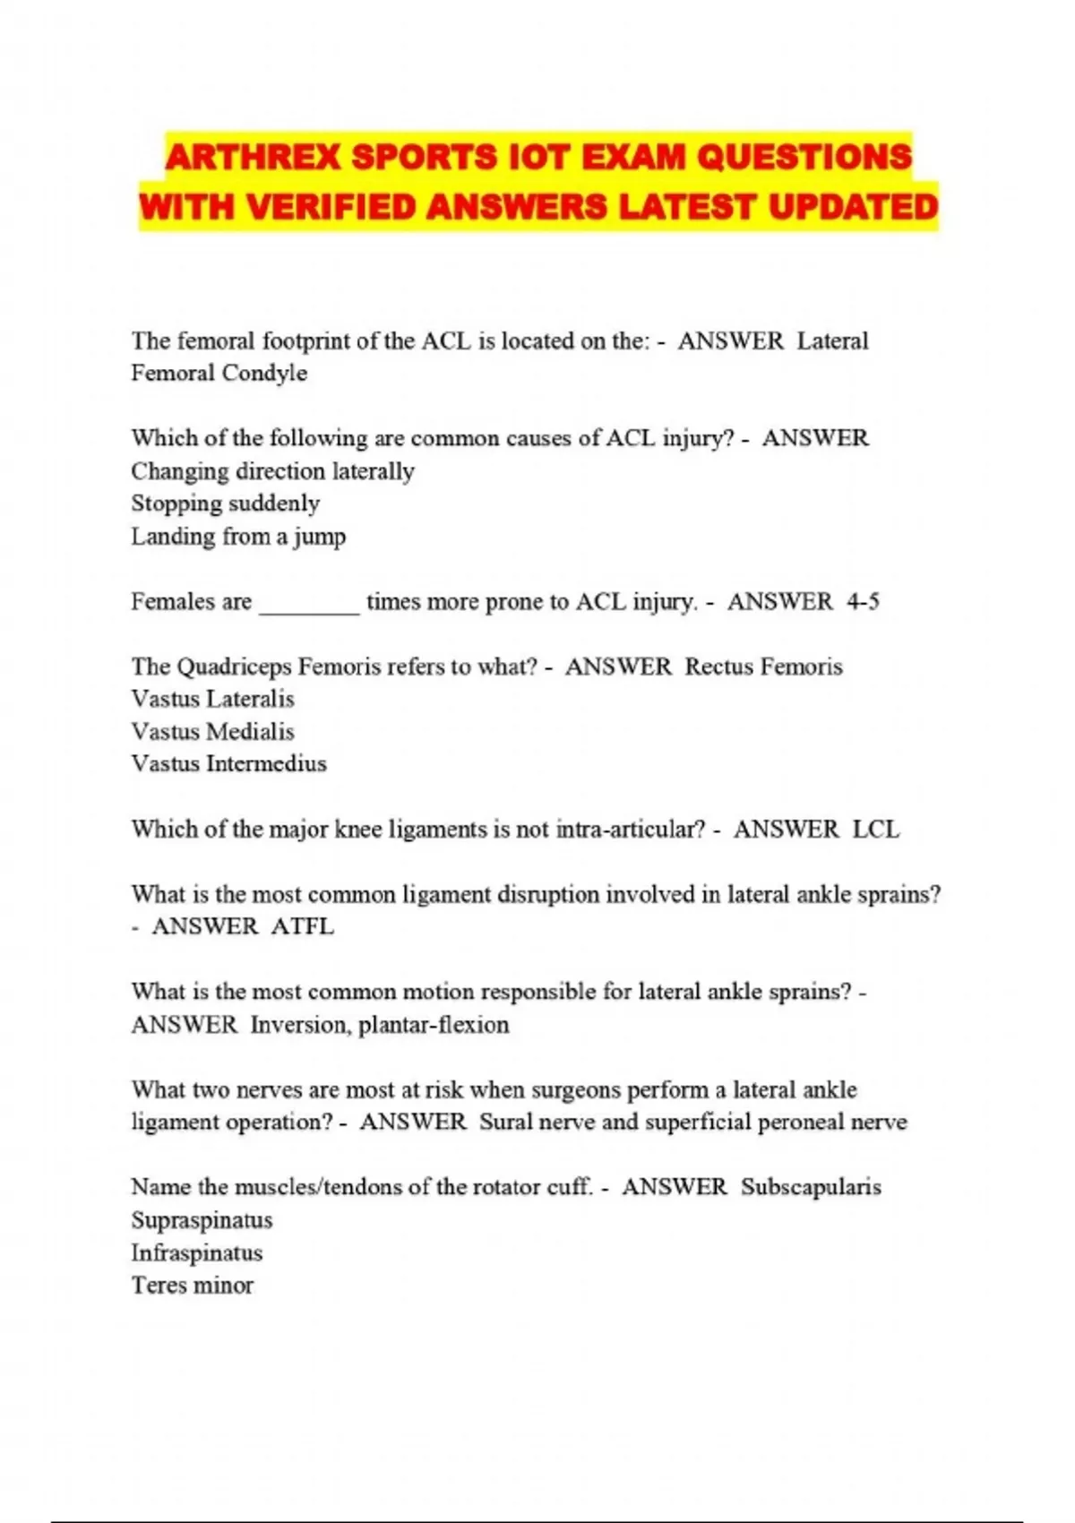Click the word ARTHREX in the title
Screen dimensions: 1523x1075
pos(254,158)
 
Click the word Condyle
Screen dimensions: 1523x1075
pos(264,374)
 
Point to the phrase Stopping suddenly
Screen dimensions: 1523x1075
pos(225,503)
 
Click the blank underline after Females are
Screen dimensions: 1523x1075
pos(309,603)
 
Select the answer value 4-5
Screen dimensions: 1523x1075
pos(863,601)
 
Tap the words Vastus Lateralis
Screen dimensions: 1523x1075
pos(212,699)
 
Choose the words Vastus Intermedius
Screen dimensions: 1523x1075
pos(228,764)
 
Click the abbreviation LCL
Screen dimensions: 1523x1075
pos(875,830)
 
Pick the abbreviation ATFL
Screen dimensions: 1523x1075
pos(302,926)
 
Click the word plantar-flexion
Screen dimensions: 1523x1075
pos(434,1025)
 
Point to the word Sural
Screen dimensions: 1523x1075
pos(507,1123)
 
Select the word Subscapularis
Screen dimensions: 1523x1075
pos(811,1187)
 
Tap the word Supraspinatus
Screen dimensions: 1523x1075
pos(202,1220)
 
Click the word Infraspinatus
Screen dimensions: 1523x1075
pos(196,1252)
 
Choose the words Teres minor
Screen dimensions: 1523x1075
pos(192,1286)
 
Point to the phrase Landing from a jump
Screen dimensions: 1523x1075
pos(238,537)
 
